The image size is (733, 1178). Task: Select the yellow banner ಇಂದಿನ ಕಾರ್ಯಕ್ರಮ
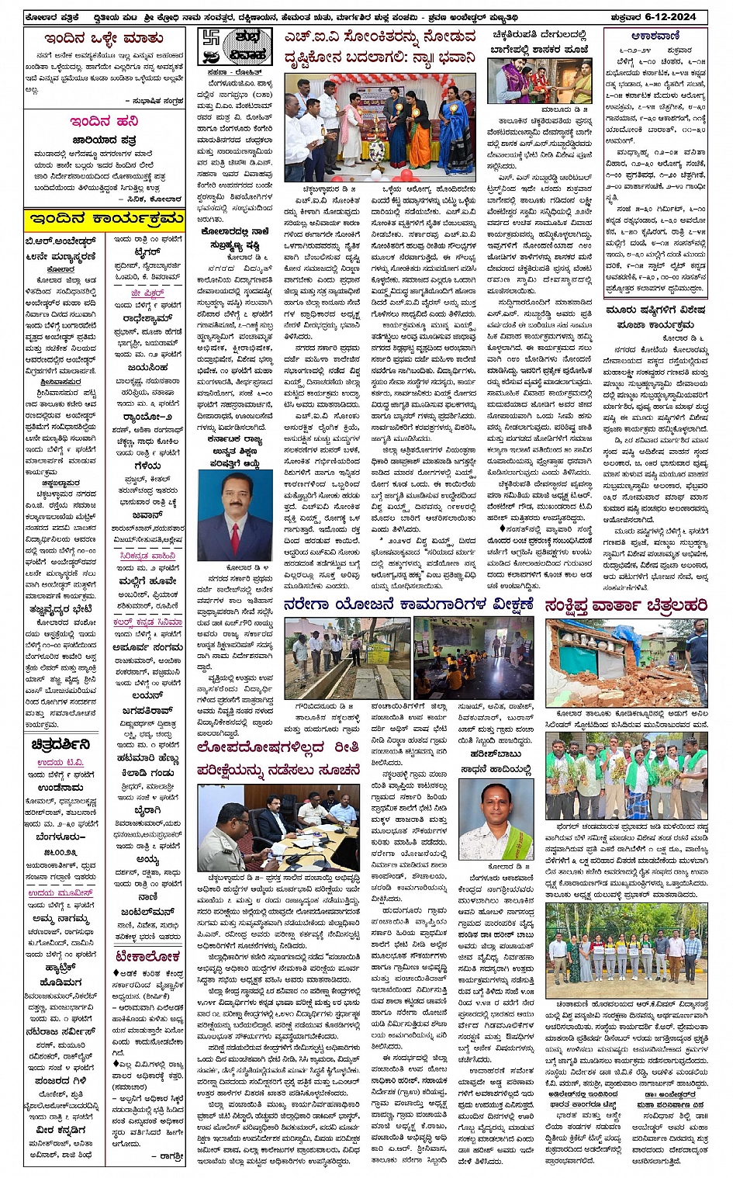tap(104, 219)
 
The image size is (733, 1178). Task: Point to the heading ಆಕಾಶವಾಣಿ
tap(655, 36)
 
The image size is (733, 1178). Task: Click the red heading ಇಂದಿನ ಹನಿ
tap(104, 121)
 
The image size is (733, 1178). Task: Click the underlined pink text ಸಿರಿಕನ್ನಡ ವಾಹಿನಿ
tap(147, 556)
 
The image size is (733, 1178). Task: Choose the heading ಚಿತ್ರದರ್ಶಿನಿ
tap(61, 745)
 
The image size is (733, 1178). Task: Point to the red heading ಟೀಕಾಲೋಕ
tap(147, 958)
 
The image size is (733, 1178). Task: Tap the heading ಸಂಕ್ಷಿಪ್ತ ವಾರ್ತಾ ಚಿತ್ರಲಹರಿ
tap(625, 606)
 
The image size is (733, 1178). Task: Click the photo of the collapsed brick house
tap(625, 663)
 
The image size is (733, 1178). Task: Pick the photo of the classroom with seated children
tap(473, 658)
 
